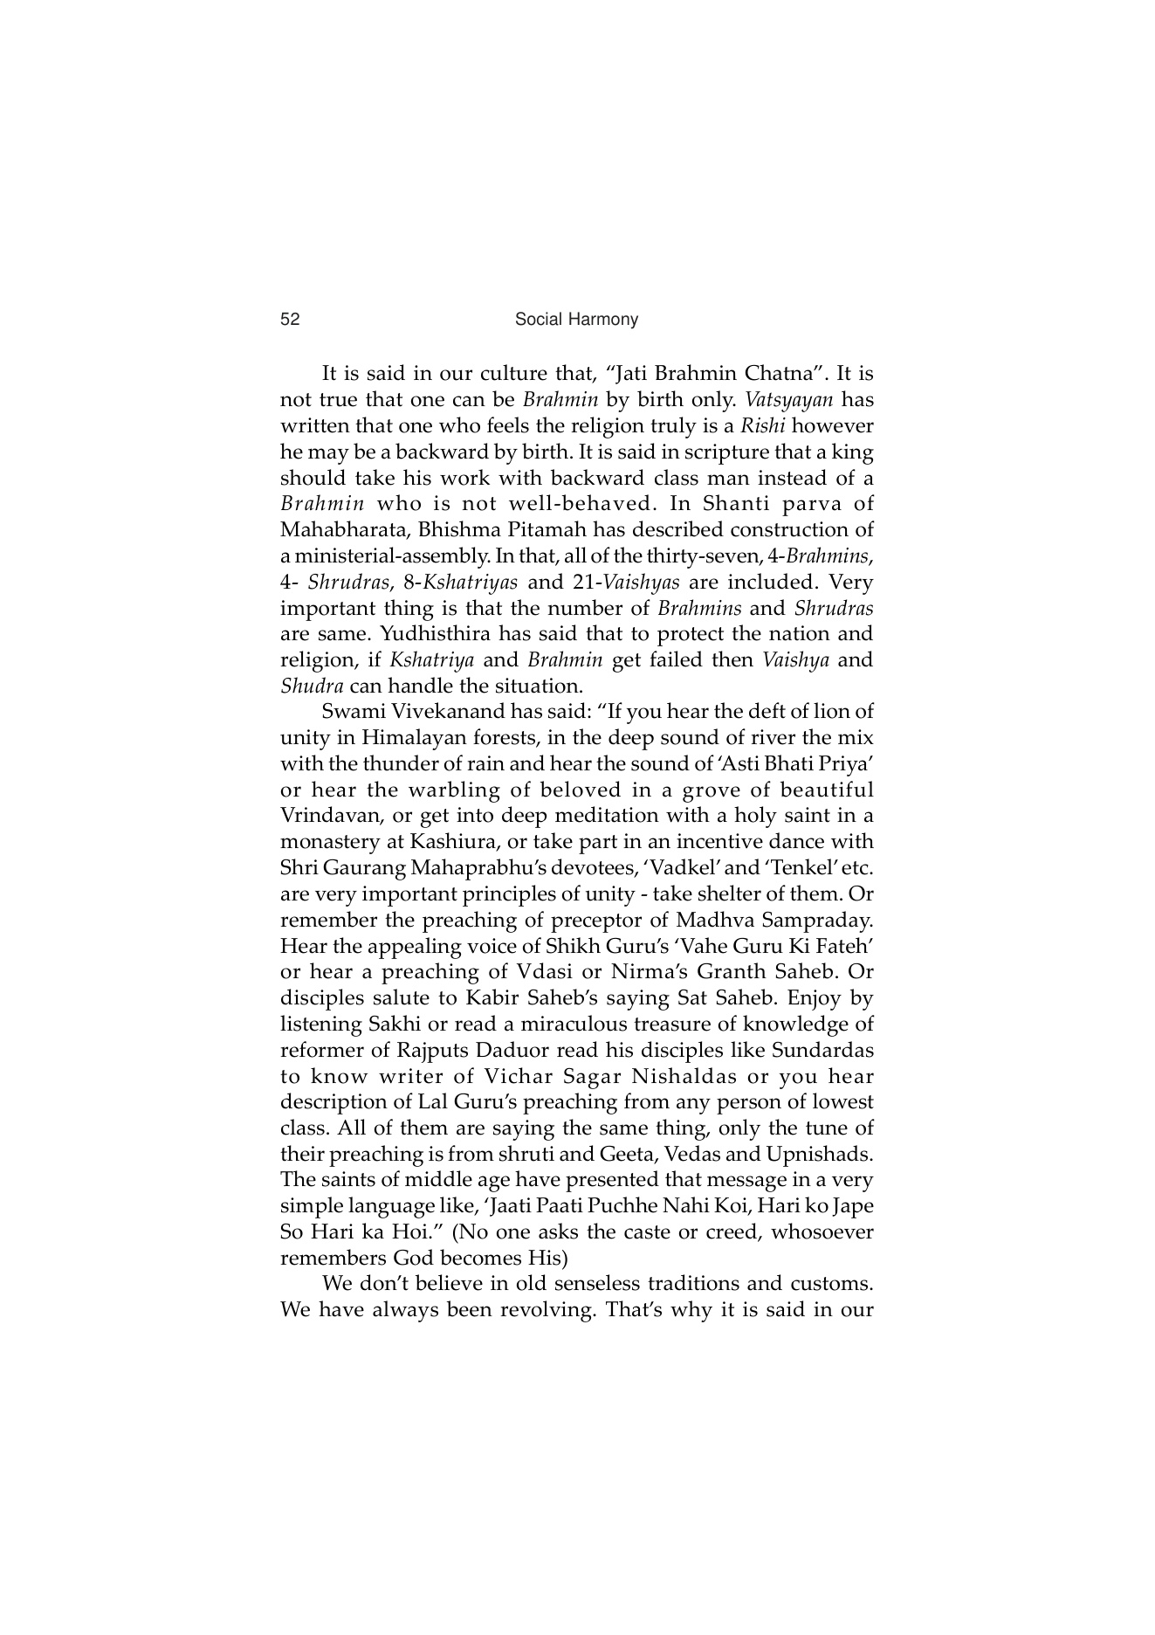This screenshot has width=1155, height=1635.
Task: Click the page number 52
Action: (290, 320)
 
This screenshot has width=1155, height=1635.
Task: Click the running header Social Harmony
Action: (576, 320)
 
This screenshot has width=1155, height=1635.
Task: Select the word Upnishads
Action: (819, 1154)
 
